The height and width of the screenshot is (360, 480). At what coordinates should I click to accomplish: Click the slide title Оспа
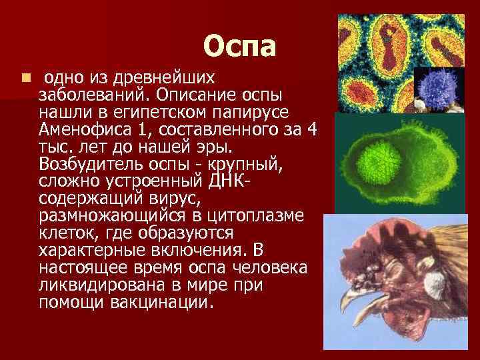click(239, 46)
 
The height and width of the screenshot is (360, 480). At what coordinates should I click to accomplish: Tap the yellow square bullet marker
click(25, 78)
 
